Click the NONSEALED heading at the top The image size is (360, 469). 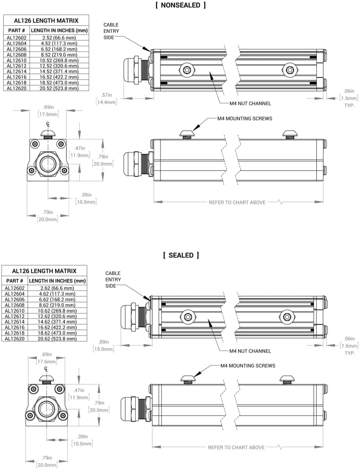point(180,5)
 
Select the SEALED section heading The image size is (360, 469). point(181,255)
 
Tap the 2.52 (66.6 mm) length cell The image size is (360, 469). point(59,38)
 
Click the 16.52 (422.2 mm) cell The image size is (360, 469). point(59,77)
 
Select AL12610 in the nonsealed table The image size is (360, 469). point(17,60)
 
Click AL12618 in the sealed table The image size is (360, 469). point(15,333)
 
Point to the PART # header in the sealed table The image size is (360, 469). point(15,281)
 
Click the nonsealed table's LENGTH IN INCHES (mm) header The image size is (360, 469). point(59,30)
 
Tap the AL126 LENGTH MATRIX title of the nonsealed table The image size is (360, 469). point(46,20)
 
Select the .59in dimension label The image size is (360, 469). point(103,342)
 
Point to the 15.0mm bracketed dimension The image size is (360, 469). point(103,349)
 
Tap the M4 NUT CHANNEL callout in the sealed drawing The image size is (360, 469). point(250,351)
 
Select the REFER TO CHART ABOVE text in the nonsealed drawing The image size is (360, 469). point(237,202)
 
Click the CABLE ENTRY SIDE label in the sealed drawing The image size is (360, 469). point(113,279)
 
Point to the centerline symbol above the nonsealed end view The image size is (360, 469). point(48,125)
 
